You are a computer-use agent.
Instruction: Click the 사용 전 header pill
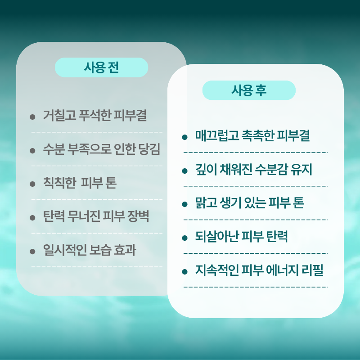point(101,67)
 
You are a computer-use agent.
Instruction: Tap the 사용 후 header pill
point(249,90)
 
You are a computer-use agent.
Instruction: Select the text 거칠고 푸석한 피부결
point(95,116)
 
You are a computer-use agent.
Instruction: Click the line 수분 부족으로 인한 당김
point(102,150)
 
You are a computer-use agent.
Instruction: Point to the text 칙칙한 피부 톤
point(80,183)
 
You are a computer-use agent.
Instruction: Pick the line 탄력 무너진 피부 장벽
point(96,217)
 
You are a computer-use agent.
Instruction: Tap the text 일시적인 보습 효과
point(90,250)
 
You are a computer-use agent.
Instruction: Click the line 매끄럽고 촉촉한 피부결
point(252,136)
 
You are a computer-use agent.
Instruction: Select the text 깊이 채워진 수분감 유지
point(254,170)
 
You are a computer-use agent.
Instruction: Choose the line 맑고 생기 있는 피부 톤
point(250,203)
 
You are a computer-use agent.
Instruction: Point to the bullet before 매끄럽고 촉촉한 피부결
point(184,137)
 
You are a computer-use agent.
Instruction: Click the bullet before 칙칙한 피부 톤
point(32,184)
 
